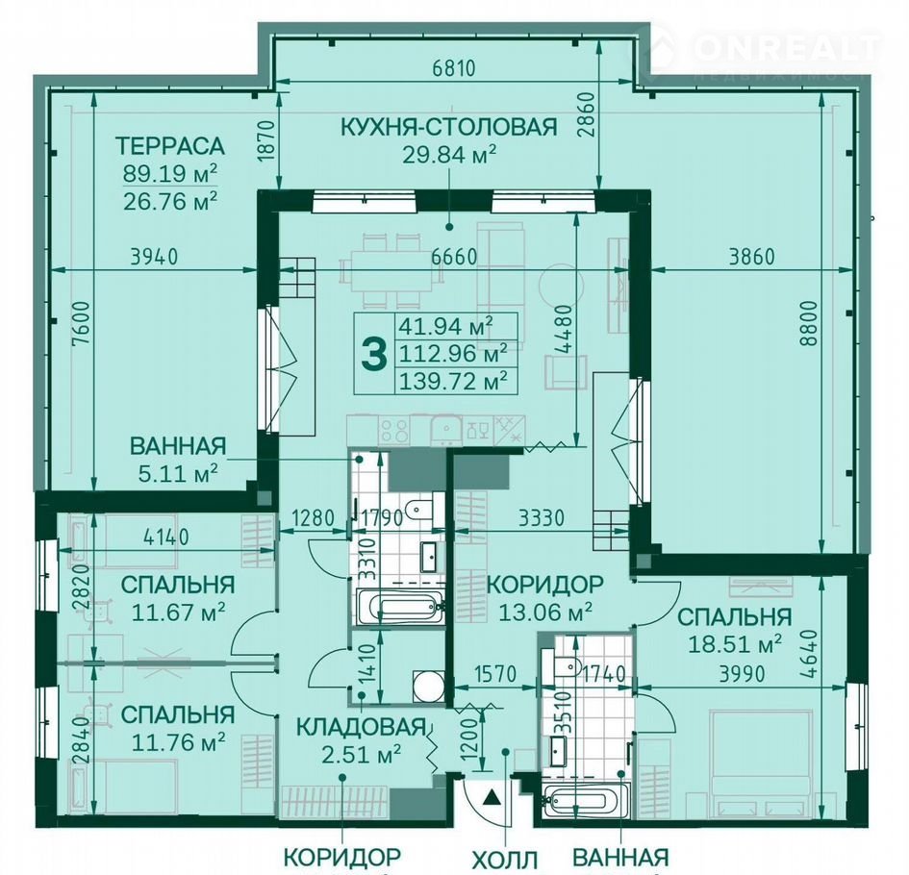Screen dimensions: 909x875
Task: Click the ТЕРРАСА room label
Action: [170, 145]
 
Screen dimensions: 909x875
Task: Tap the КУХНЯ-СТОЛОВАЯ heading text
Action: [448, 126]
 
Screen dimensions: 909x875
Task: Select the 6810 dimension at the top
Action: [454, 68]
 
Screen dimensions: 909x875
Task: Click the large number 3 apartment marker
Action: [374, 354]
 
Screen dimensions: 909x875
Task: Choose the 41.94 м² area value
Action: [445, 326]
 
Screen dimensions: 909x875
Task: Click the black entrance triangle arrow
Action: [492, 797]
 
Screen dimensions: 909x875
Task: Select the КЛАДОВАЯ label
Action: [362, 727]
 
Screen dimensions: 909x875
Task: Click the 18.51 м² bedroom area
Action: [735, 644]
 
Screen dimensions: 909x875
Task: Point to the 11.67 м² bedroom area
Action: [179, 612]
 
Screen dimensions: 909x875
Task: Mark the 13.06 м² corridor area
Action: [545, 612]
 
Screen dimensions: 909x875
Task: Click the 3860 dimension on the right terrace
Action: [751, 256]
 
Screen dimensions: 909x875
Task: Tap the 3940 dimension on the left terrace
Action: [154, 256]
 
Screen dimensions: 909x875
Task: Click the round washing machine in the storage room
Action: [428, 686]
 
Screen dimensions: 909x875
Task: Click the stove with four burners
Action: [394, 431]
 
